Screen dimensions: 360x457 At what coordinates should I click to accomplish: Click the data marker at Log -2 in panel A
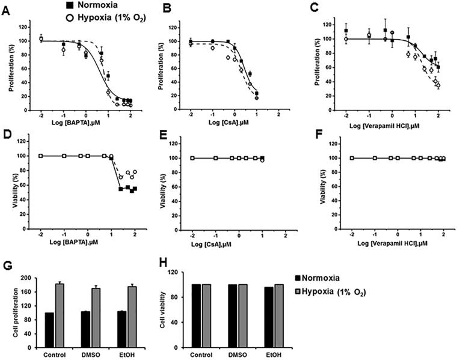pyautogui.click(x=41, y=38)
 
